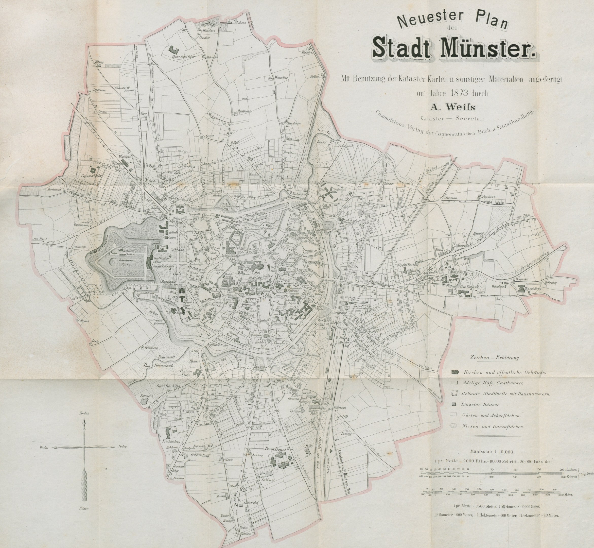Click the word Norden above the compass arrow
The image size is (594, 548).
84,413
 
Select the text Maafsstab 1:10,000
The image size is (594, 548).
492,452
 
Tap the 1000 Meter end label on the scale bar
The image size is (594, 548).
565,495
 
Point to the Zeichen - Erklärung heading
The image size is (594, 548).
494,358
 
